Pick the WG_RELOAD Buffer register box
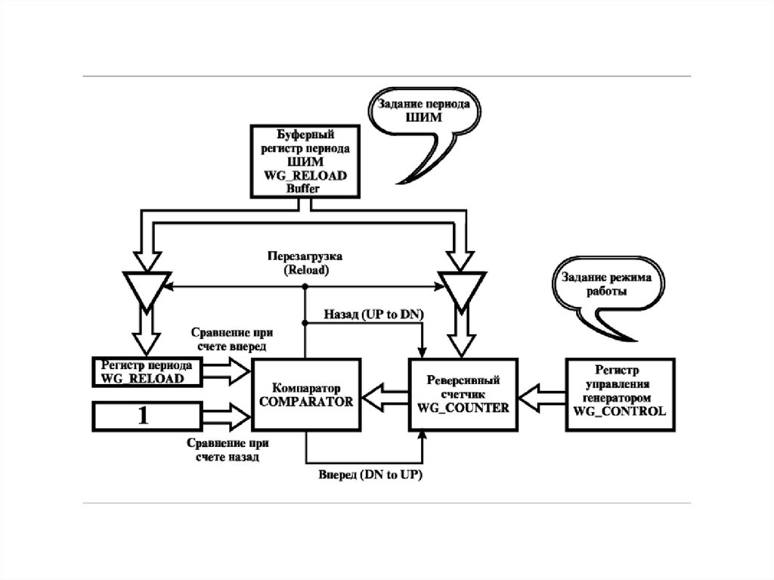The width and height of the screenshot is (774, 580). pos(306,160)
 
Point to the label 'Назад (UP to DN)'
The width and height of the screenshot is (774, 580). pos(373,313)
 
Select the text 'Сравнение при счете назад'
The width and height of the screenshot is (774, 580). pos(219,451)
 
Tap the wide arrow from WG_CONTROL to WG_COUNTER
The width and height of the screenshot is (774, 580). pos(541,393)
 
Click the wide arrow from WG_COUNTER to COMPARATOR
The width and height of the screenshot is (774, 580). pos(384,393)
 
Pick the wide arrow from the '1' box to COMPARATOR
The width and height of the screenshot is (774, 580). pos(225,415)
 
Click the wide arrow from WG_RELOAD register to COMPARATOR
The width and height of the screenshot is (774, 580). pos(225,370)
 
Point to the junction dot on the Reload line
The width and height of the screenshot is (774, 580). pos(305,287)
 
